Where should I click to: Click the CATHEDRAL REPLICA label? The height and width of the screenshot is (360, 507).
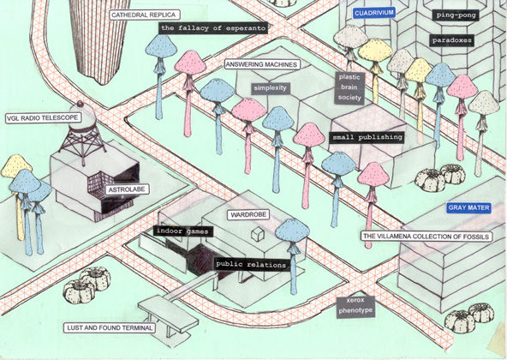144,15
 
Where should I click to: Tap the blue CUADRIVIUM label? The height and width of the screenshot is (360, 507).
374,13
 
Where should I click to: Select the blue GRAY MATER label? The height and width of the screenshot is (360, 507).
468,207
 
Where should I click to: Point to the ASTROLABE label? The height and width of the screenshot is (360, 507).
127,189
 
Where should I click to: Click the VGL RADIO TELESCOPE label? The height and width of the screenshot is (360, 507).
43,117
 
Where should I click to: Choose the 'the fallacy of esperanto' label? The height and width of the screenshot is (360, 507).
213,28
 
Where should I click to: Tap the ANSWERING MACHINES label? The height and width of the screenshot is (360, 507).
262,64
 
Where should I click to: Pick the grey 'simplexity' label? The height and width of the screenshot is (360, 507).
270,88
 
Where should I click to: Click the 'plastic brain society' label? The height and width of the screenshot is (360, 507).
349,87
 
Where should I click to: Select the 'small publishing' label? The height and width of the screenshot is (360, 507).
367,137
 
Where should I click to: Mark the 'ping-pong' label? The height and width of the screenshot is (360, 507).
456,15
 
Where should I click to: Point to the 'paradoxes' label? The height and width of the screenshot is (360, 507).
452,40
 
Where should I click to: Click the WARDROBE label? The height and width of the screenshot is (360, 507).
248,214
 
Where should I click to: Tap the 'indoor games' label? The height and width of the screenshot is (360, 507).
182,231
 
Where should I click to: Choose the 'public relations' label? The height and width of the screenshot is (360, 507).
251,265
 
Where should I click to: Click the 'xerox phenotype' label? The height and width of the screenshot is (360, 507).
355,306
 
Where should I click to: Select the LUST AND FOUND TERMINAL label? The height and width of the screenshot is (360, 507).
110,328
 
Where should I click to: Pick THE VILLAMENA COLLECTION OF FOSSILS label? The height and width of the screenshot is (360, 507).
426,237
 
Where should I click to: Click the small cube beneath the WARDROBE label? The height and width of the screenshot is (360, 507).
257,234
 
